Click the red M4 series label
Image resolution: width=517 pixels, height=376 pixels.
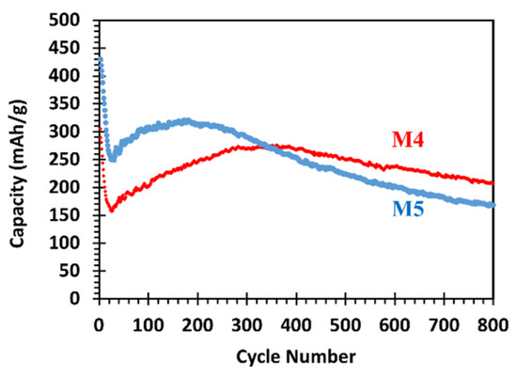pos(410,141)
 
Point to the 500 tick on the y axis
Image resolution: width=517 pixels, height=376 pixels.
pos(78,20)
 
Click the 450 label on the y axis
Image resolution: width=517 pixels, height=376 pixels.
pos(78,48)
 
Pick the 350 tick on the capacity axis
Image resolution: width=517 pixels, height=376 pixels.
pos(78,103)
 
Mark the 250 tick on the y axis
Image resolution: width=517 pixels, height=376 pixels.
pos(78,159)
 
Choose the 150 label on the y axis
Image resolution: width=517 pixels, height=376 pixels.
pos(78,215)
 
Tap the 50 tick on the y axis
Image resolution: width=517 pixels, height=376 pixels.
pos(78,271)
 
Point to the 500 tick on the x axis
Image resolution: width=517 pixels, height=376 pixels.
pos(346,325)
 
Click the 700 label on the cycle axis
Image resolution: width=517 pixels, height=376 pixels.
pos(445,325)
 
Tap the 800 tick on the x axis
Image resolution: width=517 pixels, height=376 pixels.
pos(494,325)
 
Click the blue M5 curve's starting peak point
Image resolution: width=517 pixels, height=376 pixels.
pos(100,58)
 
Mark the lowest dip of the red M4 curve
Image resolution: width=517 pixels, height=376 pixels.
pos(111,210)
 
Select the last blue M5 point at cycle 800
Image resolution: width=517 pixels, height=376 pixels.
pos(493,205)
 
